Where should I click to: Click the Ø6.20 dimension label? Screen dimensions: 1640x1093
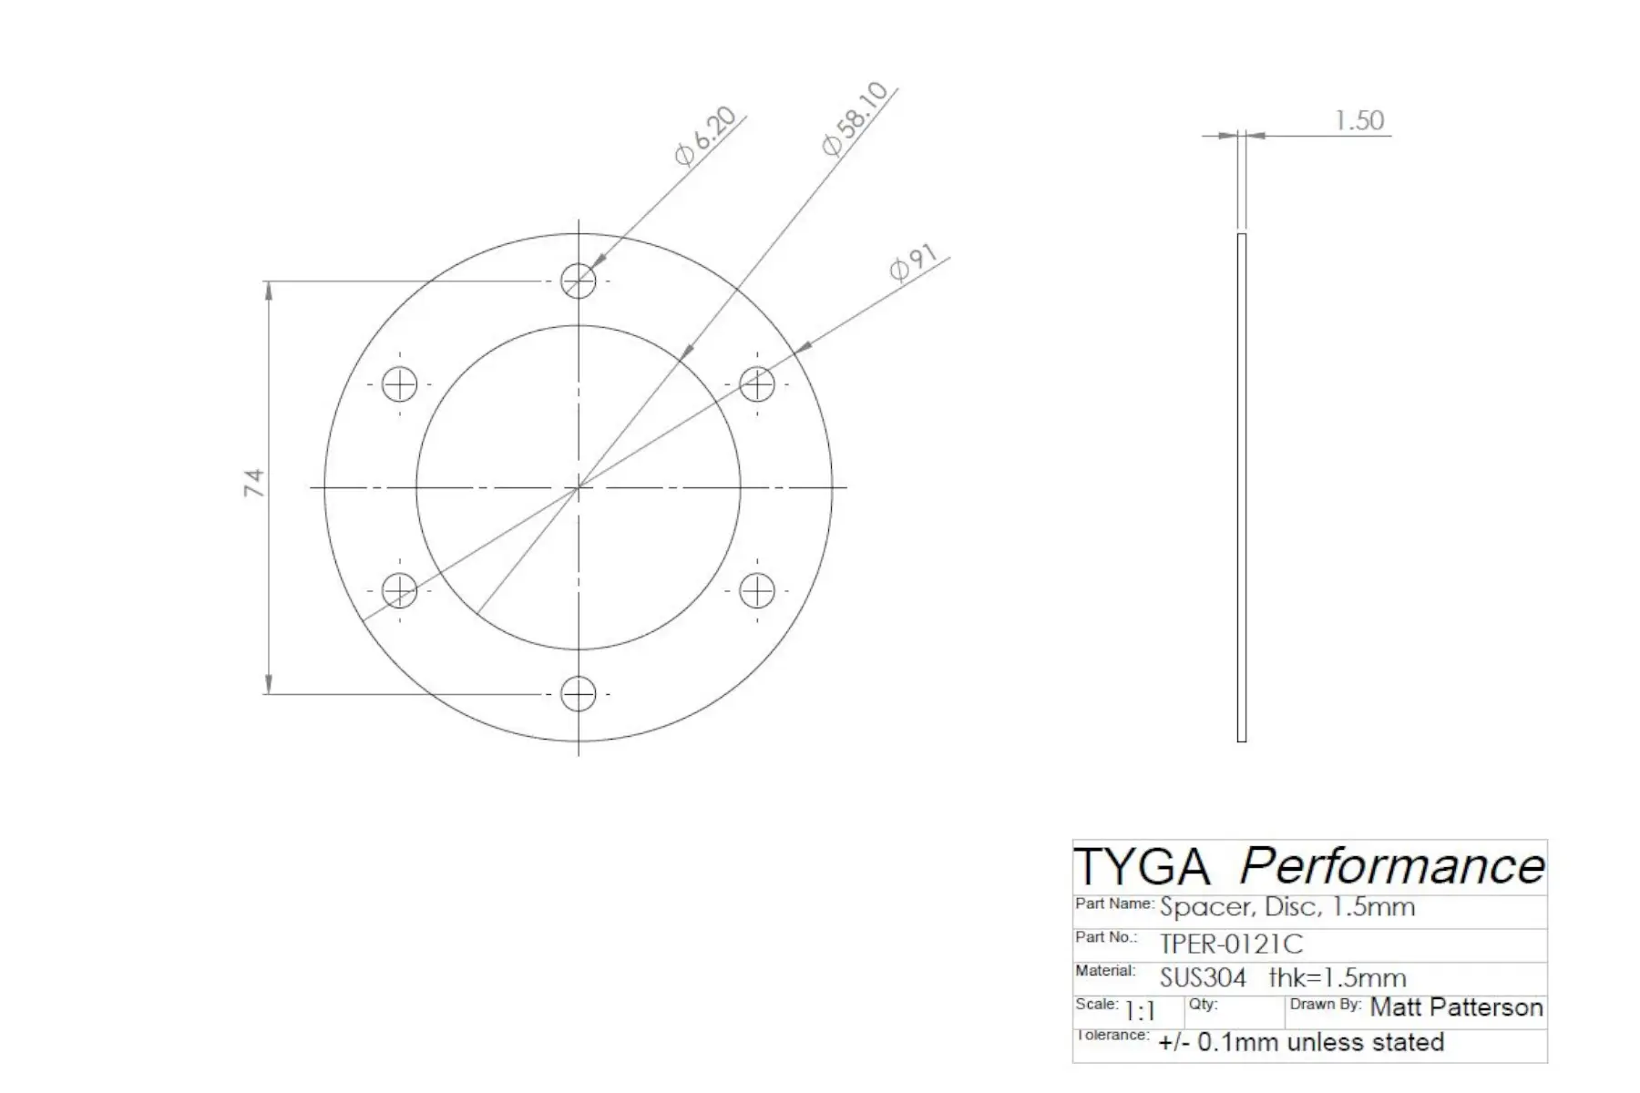click(x=705, y=137)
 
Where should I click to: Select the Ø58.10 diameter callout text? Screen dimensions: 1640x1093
click(x=854, y=118)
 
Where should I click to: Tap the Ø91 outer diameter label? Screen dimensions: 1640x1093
click(x=913, y=264)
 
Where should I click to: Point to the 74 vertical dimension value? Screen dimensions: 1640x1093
click(x=254, y=483)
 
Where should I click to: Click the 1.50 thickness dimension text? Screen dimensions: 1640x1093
click(x=1358, y=120)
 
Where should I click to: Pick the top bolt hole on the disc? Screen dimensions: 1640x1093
click(x=579, y=281)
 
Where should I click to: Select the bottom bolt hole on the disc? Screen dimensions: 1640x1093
click(x=579, y=694)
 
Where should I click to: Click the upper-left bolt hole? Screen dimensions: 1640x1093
click(x=399, y=384)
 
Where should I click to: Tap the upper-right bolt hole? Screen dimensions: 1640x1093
click(x=757, y=384)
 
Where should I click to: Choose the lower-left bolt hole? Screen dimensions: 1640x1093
click(x=399, y=591)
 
